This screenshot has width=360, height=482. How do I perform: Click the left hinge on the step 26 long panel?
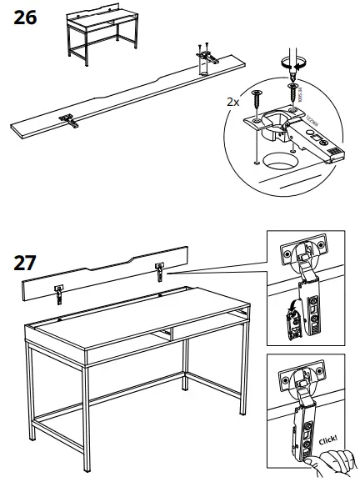click(71, 120)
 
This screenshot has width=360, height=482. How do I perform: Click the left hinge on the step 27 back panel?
click(59, 292)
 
